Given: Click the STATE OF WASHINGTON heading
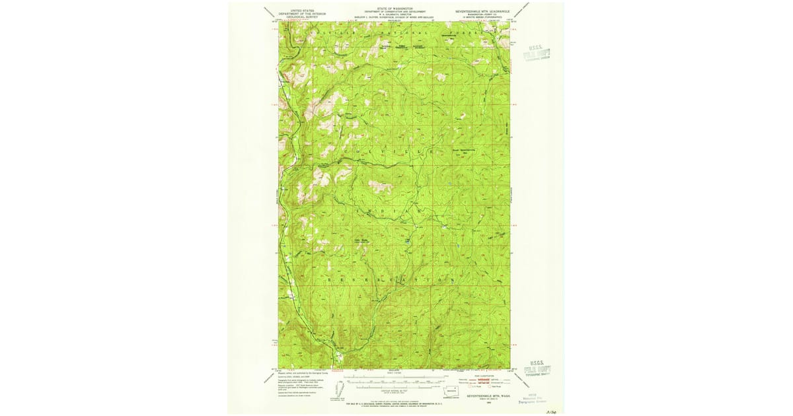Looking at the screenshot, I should [395, 8].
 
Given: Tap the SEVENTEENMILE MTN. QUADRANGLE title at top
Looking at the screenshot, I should [482, 11].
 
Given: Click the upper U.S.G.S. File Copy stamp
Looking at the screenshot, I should [536, 53].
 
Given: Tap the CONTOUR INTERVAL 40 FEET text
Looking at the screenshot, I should [394, 390].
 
